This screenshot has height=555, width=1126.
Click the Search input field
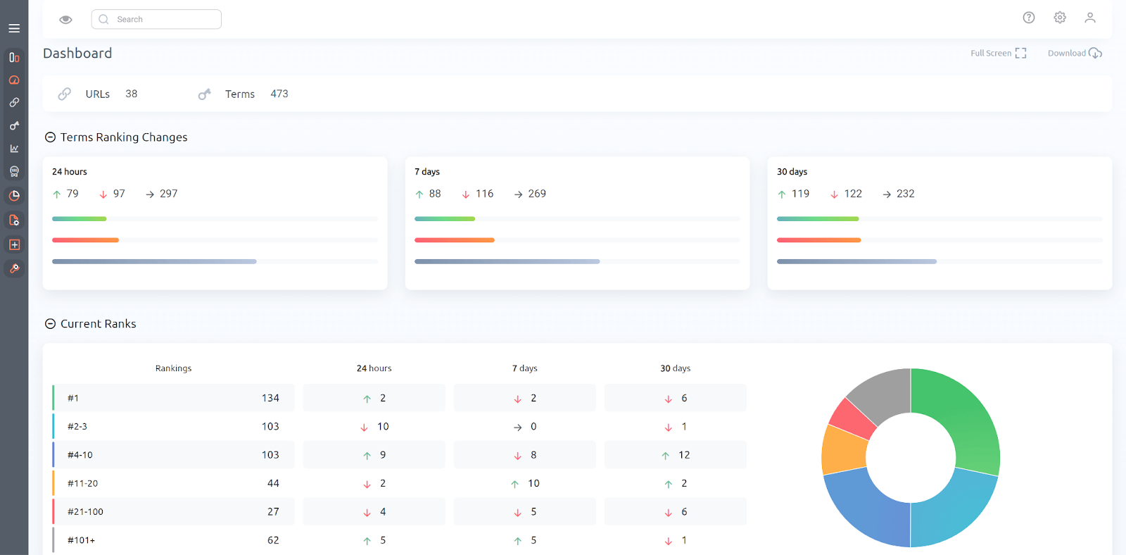tap(156, 20)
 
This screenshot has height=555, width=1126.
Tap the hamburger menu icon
tap(14, 29)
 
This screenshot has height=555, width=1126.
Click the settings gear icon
tap(1060, 18)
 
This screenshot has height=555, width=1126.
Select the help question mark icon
tap(1029, 18)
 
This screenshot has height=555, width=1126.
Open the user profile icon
tap(1090, 18)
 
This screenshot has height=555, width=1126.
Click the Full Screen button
tap(998, 54)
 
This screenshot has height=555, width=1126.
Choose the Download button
tap(1074, 54)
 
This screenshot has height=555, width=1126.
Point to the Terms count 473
tap(279, 94)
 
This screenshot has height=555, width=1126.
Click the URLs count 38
tap(132, 94)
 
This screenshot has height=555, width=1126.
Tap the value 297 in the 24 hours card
tap(169, 194)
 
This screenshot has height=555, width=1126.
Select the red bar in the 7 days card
tap(455, 240)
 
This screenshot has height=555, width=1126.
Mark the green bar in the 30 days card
tap(818, 219)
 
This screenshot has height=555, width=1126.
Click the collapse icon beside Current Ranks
tap(51, 324)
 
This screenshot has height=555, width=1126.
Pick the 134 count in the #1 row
tap(270, 398)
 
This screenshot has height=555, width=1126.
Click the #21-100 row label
tap(85, 512)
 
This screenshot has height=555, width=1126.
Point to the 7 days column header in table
tap(524, 368)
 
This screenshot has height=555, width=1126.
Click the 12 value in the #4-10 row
tap(684, 455)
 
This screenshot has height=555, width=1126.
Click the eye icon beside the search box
tap(65, 20)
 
